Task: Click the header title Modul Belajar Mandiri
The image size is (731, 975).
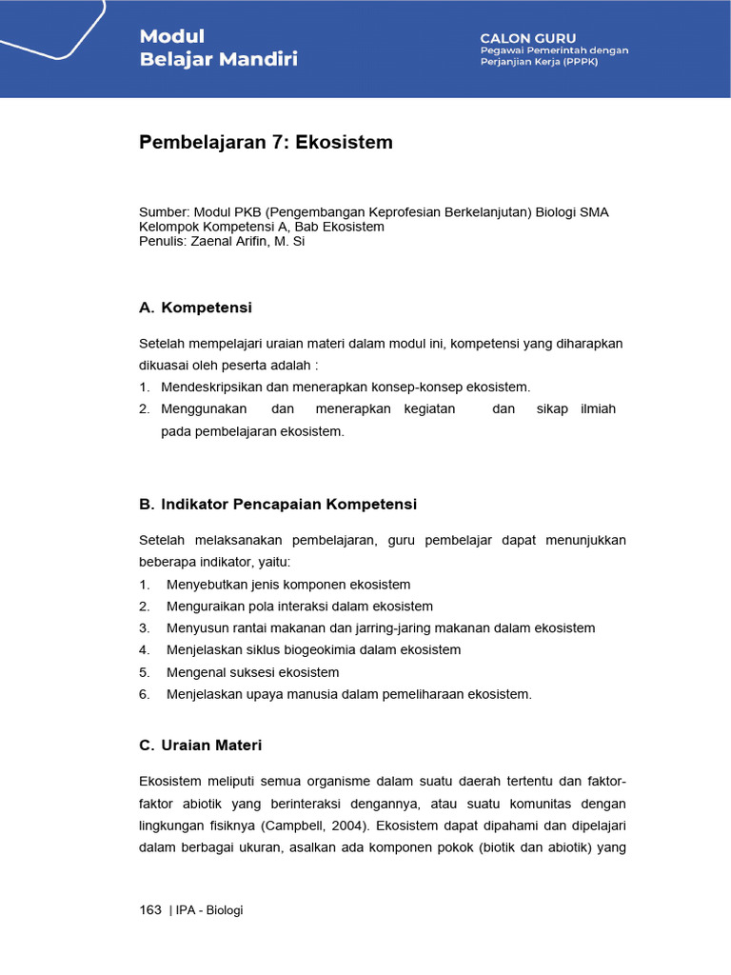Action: [218, 48]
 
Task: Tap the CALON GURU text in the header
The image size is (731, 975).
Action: [528, 37]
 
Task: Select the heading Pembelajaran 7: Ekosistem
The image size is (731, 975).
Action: [266, 143]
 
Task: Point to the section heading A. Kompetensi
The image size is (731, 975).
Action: [195, 308]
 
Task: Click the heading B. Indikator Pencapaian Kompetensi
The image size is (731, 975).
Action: [278, 504]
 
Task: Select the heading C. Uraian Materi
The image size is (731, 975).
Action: [200, 745]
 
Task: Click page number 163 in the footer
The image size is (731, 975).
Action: [150, 910]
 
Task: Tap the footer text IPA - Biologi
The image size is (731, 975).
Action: [208, 910]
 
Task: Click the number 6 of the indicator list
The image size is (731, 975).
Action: [144, 694]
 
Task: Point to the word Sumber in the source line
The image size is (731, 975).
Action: [164, 212]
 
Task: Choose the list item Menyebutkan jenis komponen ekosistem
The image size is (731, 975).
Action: [287, 584]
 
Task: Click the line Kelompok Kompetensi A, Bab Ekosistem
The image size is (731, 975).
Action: [262, 227]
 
